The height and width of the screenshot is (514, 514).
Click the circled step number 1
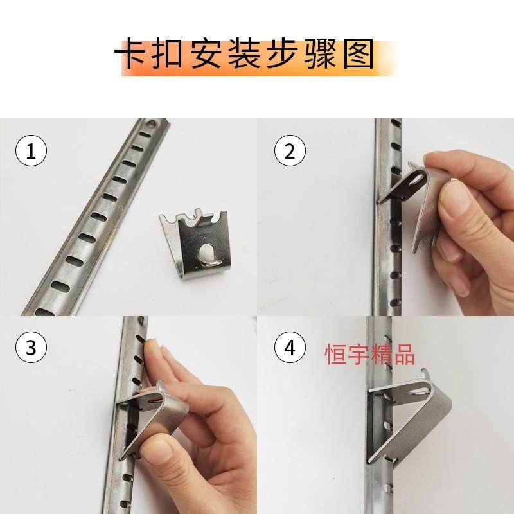pos(31,152)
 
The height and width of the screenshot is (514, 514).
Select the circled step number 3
pos(31,348)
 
